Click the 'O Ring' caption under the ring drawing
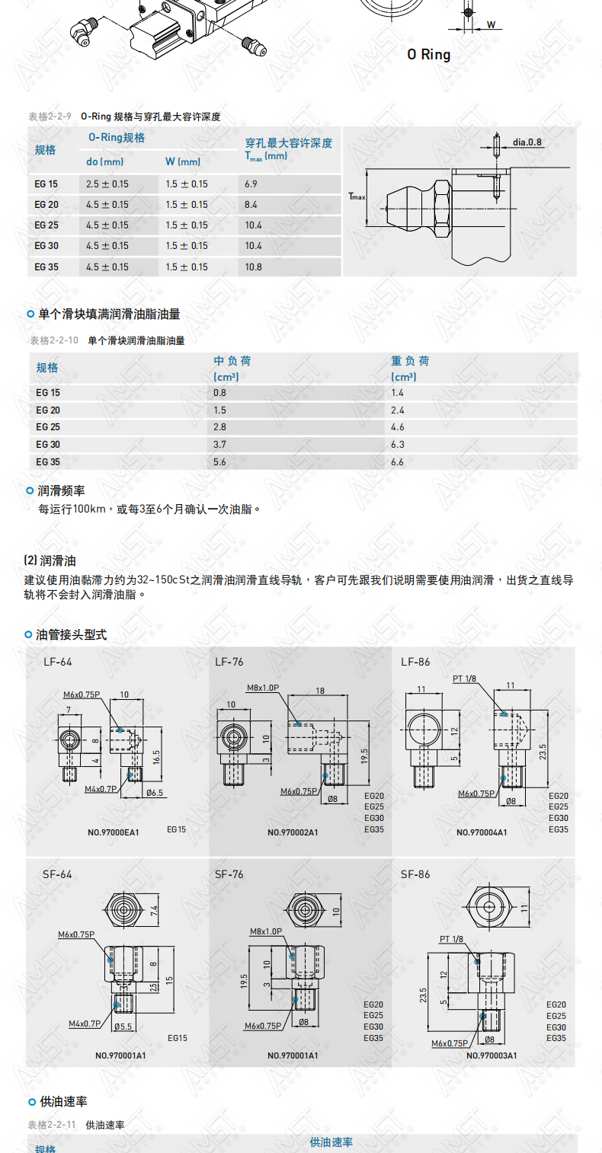428,55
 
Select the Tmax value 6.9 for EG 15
251,184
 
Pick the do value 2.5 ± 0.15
107,184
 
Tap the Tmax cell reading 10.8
253,267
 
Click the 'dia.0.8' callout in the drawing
527,142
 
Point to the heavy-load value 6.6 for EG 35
397,462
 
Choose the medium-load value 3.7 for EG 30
220,444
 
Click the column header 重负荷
410,361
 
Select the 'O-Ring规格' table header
117,137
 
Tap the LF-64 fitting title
58,662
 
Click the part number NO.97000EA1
114,832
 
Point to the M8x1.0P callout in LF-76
263,688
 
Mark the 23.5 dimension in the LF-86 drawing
543,752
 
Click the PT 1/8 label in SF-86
451,939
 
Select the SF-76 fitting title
229,874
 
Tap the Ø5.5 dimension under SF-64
123,1027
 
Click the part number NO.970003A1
492,1056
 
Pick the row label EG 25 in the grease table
48,426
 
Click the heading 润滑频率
61,490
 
